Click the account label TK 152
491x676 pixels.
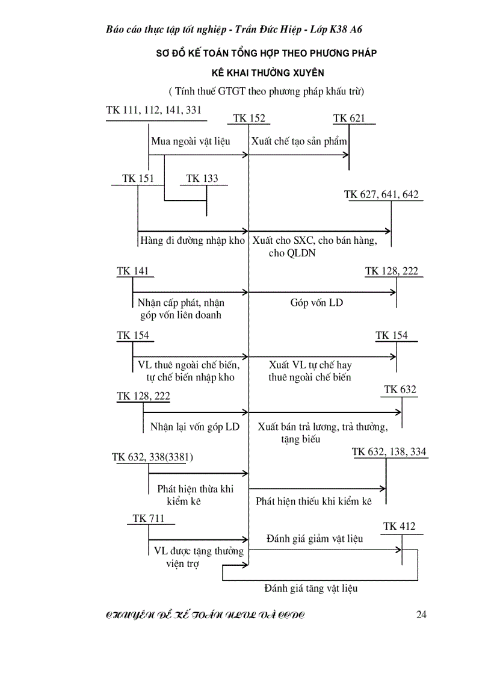click(249, 119)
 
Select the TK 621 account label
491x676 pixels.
click(349, 119)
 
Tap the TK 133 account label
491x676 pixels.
click(202, 178)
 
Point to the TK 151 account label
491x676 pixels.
click(138, 178)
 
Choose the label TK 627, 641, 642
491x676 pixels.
click(381, 194)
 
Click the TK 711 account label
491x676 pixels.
click(148, 518)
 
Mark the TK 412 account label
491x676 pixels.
click(399, 527)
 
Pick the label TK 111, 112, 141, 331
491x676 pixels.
click(153, 110)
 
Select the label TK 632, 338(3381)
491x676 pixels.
click(152, 457)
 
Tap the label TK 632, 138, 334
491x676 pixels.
click(390, 451)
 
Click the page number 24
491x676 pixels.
click(421, 615)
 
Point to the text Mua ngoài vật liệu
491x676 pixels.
click(190, 142)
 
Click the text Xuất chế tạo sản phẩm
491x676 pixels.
click(299, 142)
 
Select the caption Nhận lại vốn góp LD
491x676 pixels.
click(195, 427)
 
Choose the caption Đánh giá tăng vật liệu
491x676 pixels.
click(310, 588)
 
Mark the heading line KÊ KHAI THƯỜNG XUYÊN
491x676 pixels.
click(267, 73)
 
